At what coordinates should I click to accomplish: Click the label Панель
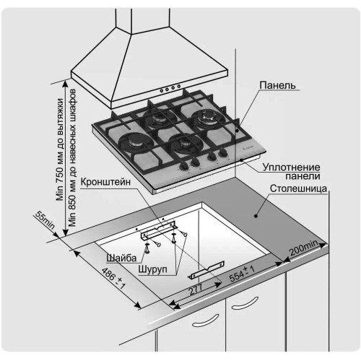point(277,85)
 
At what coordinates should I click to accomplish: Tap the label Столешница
point(298,188)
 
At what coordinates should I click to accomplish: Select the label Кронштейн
point(105,182)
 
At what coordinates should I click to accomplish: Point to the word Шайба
point(122,258)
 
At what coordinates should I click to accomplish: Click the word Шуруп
point(152,269)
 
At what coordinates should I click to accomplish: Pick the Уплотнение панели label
point(291,172)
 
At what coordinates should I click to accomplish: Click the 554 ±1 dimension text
point(242,274)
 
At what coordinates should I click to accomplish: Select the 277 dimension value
point(196,290)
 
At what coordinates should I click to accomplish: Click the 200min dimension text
point(304,248)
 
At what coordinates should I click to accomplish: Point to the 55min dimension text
point(45,220)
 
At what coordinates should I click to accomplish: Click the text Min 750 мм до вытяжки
point(60,149)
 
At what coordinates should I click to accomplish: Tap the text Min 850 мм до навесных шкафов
point(72,157)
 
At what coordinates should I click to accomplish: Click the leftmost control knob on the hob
point(185,165)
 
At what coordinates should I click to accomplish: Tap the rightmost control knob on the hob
point(223,152)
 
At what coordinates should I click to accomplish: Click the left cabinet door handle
point(205,321)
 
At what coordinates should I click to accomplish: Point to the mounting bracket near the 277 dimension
point(206,270)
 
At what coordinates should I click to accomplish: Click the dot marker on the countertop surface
point(256,216)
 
